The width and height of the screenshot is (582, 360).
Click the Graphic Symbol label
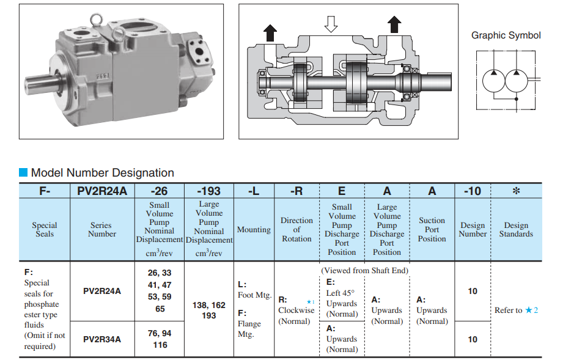point(506,35)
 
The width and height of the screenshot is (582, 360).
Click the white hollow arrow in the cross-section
point(331,24)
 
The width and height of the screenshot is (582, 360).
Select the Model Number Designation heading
point(102,173)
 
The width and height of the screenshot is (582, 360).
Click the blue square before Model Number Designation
point(24,173)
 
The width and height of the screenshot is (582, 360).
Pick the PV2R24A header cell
point(102,191)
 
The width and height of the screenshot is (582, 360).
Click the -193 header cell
point(208,191)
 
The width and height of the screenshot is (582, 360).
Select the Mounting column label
point(254,230)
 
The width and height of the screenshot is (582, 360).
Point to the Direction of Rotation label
point(297,230)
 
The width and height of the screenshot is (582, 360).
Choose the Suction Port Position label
point(432,230)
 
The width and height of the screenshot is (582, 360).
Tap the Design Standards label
point(516,230)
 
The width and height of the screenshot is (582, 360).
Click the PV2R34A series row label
point(102,339)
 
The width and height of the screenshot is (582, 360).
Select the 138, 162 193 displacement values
point(208,310)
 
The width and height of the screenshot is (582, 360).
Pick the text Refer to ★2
point(516,310)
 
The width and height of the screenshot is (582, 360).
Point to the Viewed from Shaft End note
point(364,270)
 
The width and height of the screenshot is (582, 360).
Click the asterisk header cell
point(516,191)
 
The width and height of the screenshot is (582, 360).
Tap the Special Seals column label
point(45,230)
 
